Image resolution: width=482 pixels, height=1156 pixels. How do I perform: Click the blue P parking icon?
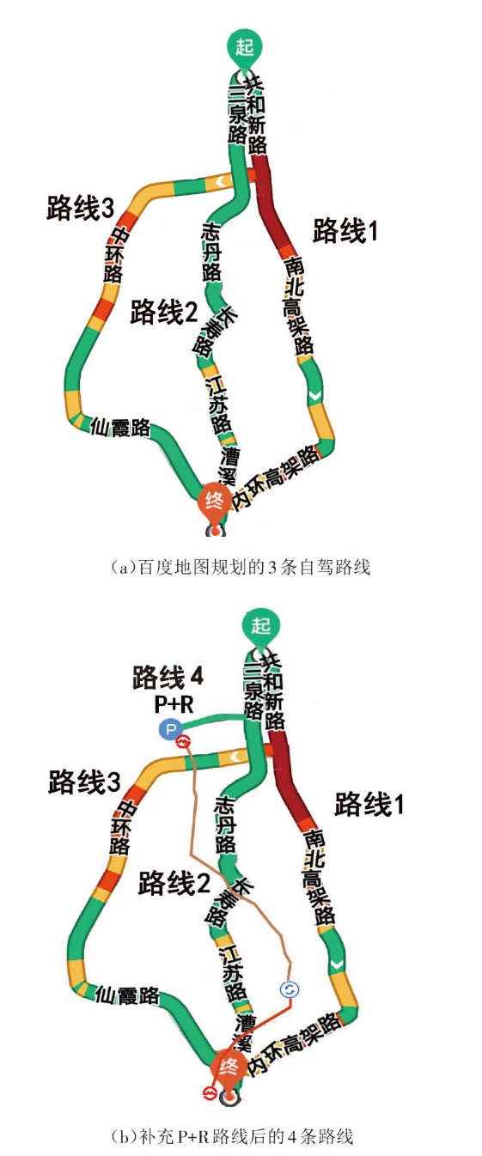170,729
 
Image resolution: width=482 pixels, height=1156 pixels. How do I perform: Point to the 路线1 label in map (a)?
345,230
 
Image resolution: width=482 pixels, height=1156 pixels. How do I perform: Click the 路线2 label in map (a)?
163,312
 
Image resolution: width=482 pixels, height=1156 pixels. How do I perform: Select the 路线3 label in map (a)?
81,208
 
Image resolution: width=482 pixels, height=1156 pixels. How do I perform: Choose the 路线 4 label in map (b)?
168,677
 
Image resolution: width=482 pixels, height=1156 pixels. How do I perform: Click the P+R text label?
174,704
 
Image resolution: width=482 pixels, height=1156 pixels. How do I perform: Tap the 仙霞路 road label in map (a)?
120,427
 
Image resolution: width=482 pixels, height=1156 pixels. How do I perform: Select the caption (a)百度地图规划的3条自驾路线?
241,567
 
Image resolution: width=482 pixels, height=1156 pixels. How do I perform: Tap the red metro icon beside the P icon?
183,742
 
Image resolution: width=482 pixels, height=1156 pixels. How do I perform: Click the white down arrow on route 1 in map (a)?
314,395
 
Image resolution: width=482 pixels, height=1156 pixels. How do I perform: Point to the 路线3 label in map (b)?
84,782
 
